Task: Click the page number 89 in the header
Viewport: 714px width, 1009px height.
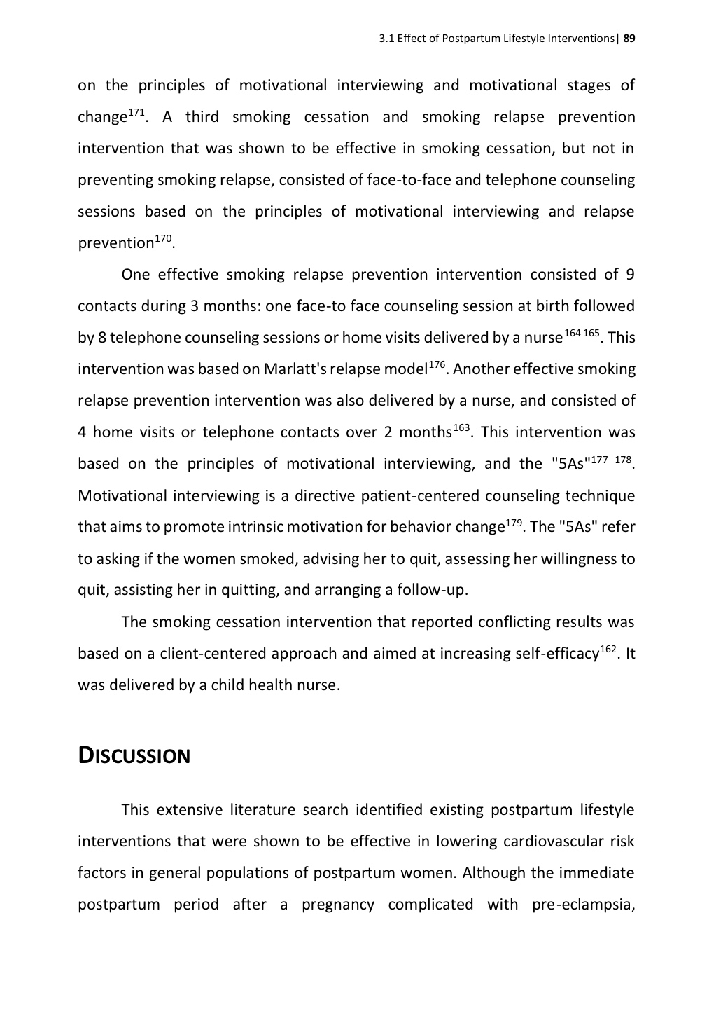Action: (629, 38)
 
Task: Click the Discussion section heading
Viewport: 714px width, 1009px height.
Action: (134, 756)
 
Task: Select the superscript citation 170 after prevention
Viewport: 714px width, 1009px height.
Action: (163, 239)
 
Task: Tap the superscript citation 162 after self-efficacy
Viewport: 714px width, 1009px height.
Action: (609, 649)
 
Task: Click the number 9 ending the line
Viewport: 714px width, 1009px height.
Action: (629, 274)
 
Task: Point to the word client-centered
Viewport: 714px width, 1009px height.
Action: (213, 653)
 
